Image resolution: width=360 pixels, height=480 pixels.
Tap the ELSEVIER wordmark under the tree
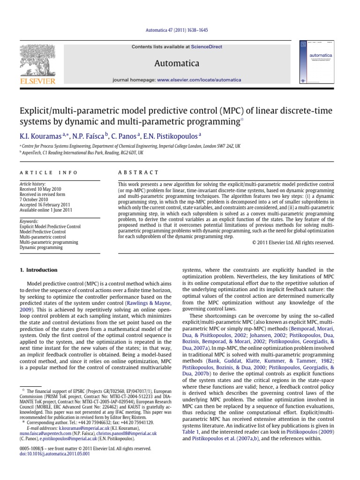pos(37,81)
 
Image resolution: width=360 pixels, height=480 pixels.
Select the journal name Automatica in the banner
pos(180,63)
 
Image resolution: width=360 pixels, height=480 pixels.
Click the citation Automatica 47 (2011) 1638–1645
pos(180,30)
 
